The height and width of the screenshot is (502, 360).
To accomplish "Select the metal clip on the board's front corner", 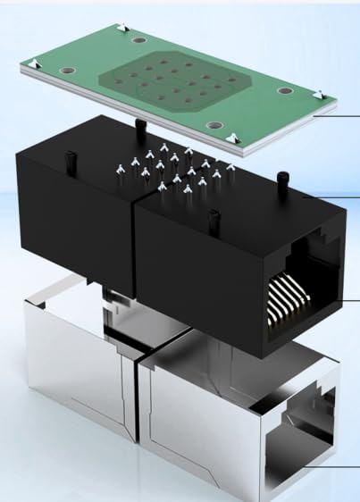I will tap(232, 137).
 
